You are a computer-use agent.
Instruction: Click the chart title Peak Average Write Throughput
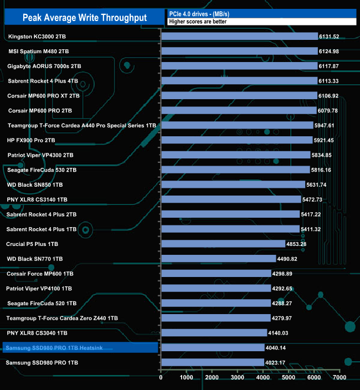pos(85,18)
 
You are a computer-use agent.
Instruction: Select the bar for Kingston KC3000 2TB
pos(239,37)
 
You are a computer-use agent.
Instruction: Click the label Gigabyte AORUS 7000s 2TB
pos(44,66)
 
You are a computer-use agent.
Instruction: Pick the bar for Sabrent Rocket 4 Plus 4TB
pos(239,81)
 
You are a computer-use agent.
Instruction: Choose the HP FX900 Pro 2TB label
pos(31,140)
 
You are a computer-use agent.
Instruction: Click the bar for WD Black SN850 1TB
pos(233,184)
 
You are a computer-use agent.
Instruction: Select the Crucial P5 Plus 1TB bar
pos(223,244)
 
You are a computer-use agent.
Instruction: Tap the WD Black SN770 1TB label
pos(34,259)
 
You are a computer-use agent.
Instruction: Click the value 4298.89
pos(282,274)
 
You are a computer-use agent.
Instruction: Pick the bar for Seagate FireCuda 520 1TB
pos(215,303)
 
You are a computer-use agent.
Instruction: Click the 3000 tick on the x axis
pos(238,378)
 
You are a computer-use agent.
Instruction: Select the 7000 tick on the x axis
pos(340,378)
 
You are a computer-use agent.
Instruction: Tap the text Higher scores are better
pos(198,22)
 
